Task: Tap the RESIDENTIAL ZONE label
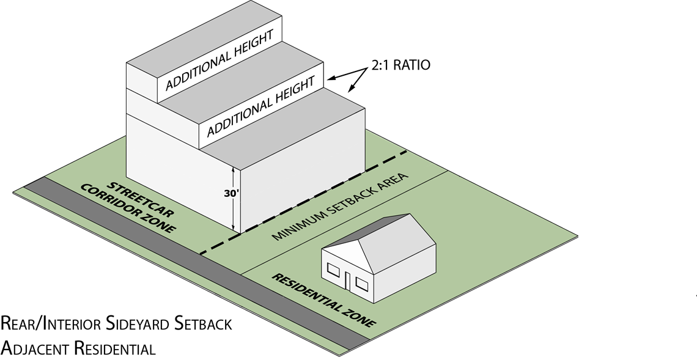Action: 323,300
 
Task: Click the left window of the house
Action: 334,269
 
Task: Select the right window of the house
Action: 362,283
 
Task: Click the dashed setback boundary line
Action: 318,196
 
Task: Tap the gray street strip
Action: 183,269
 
